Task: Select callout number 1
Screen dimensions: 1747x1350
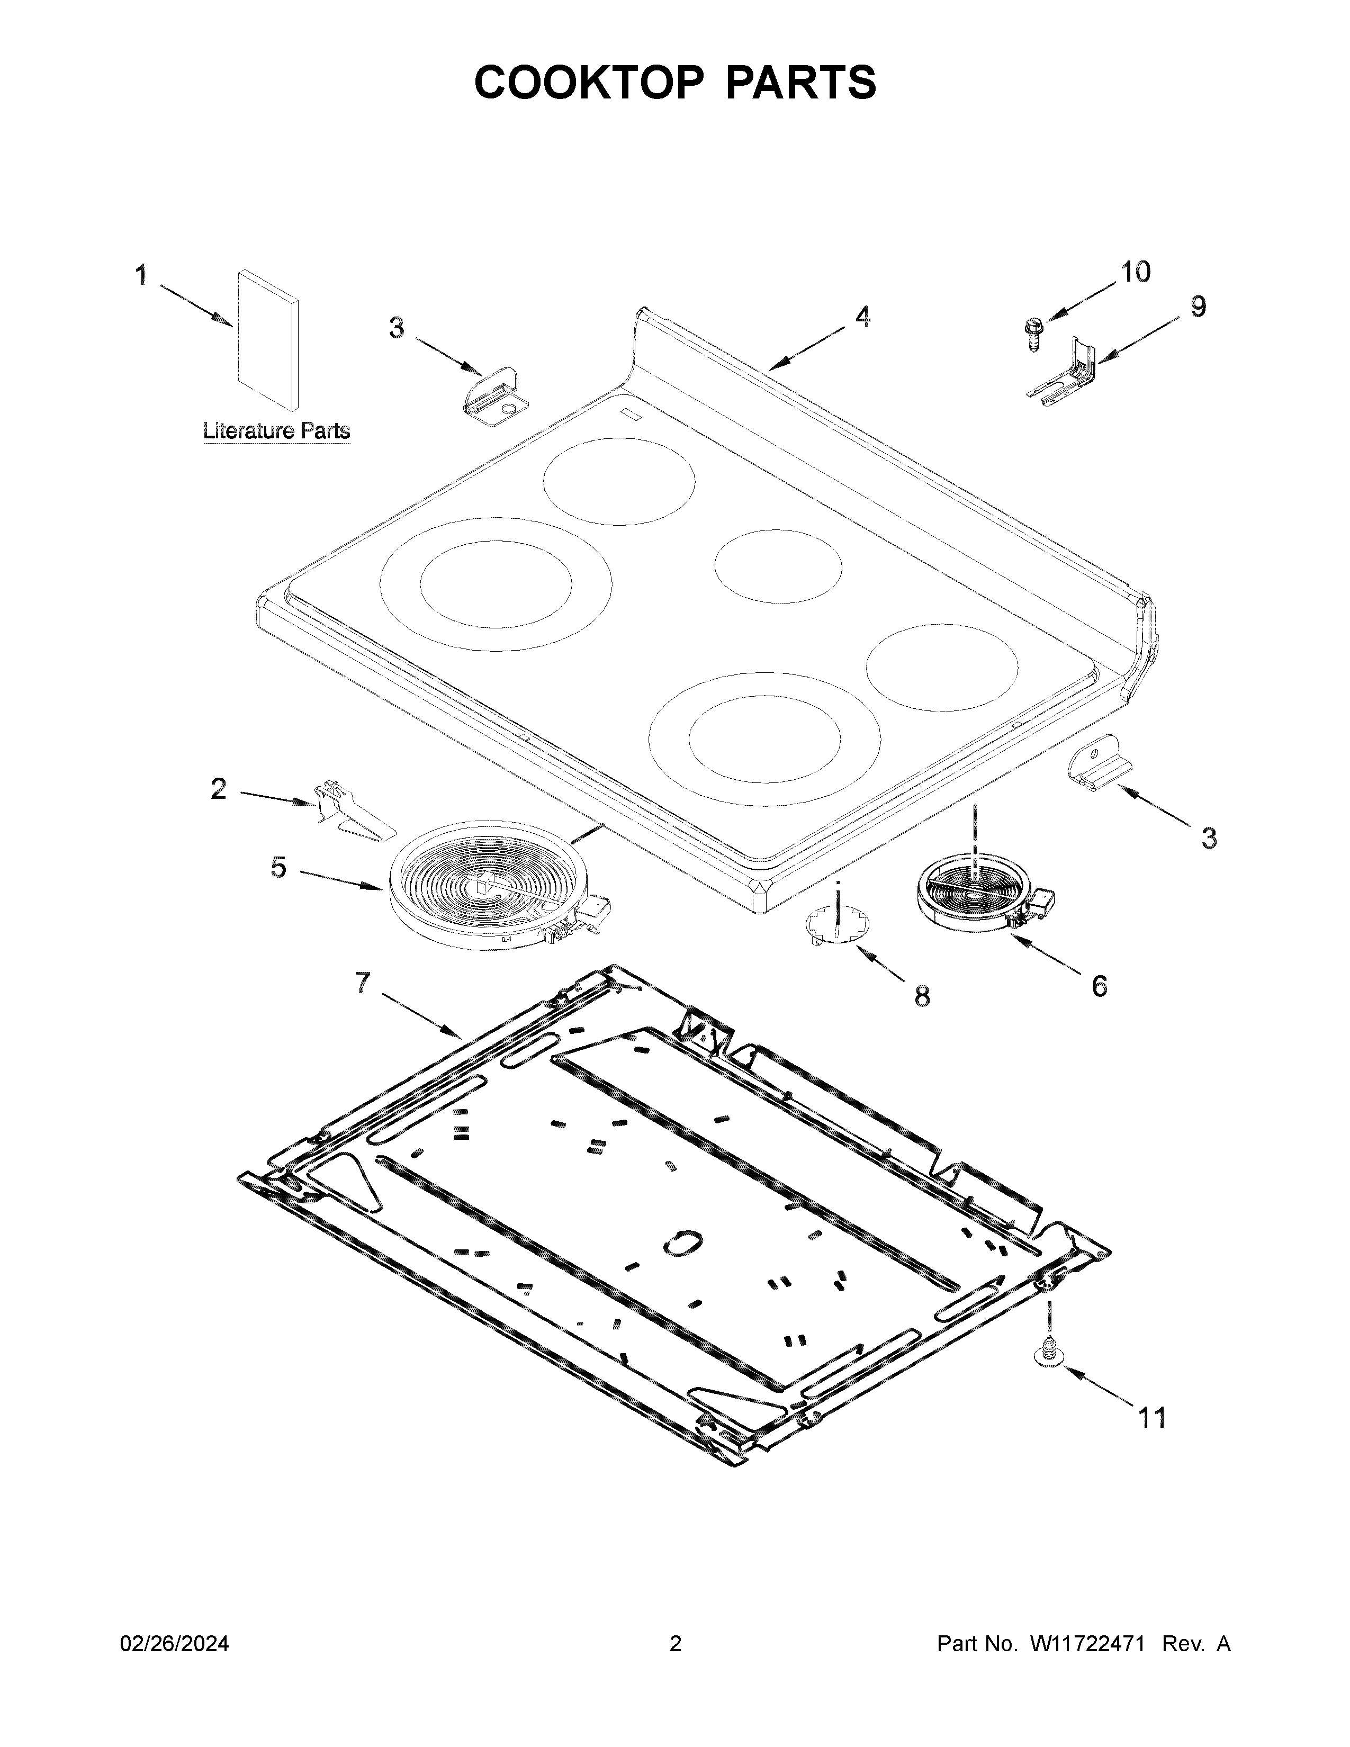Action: coord(141,275)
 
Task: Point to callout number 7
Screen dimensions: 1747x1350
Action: coord(363,982)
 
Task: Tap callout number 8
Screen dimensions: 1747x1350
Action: coord(922,997)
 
